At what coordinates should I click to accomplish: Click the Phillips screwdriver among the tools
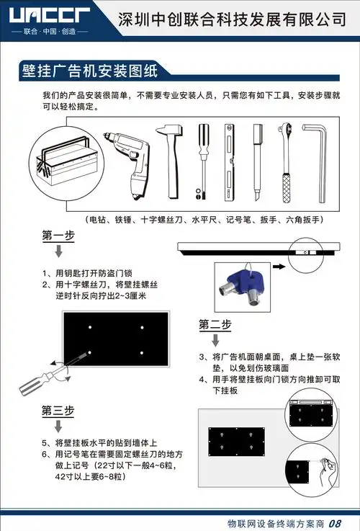click(203, 160)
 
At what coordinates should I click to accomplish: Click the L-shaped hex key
click(318, 159)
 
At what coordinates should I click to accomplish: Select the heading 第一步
click(58, 236)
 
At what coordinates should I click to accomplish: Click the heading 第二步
click(215, 324)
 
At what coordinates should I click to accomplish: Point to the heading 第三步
click(58, 411)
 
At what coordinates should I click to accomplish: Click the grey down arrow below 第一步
click(58, 251)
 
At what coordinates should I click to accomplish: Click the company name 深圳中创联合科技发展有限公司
click(231, 19)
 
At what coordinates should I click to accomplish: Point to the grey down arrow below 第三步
click(58, 427)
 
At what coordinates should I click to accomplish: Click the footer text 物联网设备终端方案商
click(274, 523)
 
